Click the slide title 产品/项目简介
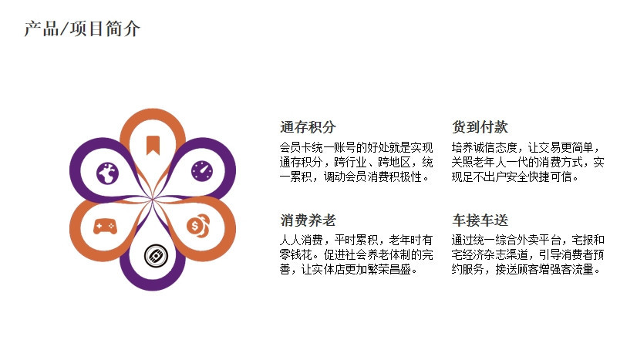(x=82, y=29)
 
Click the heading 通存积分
(x=308, y=127)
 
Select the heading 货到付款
(x=480, y=127)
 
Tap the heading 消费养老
(x=308, y=220)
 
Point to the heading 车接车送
(x=480, y=220)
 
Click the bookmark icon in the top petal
(x=153, y=145)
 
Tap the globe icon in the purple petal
(x=108, y=173)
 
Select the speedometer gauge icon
(x=202, y=171)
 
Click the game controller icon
(x=105, y=227)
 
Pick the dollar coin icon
(x=198, y=226)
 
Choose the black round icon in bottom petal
(x=156, y=256)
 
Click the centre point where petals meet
(x=153, y=200)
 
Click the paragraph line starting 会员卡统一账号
(x=356, y=147)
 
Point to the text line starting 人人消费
(x=356, y=240)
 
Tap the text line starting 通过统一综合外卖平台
(x=528, y=240)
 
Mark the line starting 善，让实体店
(x=349, y=269)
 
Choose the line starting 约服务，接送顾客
(x=526, y=269)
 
